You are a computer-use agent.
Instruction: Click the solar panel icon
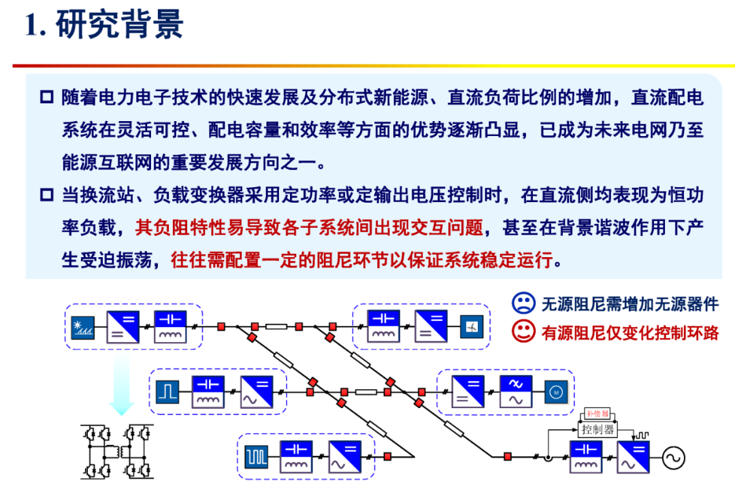pos(83,327)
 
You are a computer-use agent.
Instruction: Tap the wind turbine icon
pos(470,328)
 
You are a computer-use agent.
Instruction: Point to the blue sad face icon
pos(523,303)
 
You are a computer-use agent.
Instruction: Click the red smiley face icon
pos(523,331)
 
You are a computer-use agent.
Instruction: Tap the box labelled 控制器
pos(598,429)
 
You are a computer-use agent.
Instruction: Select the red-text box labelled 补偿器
pos(598,414)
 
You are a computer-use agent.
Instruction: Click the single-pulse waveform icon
pos(167,392)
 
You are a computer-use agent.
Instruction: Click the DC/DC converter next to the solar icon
pos(123,327)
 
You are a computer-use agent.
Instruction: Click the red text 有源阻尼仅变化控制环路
pos(630,332)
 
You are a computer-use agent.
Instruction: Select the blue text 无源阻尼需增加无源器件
pos(630,303)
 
